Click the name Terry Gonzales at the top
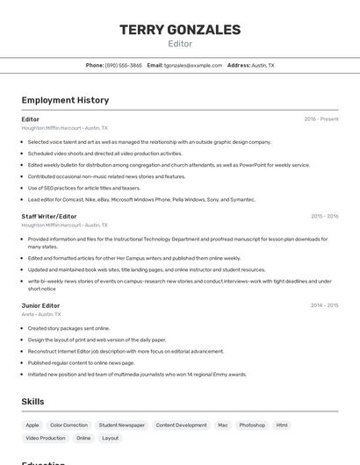[x=180, y=30]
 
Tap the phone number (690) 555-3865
[x=124, y=65]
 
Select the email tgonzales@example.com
[x=193, y=65]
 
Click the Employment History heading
[x=65, y=100]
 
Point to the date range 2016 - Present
[x=321, y=119]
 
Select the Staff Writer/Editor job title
[x=49, y=216]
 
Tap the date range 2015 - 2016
[x=324, y=216]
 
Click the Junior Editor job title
[x=40, y=305]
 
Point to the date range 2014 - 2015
[x=324, y=305]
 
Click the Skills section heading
[x=33, y=401]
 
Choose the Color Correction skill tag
[x=68, y=426]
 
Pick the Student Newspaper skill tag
[x=122, y=426]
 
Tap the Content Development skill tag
[x=181, y=426]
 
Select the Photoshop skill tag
[x=252, y=426]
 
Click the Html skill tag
[x=282, y=426]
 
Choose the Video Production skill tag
[x=46, y=438]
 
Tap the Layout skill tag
[x=110, y=438]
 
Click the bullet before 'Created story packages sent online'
[x=23, y=328]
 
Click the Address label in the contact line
[x=238, y=65]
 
